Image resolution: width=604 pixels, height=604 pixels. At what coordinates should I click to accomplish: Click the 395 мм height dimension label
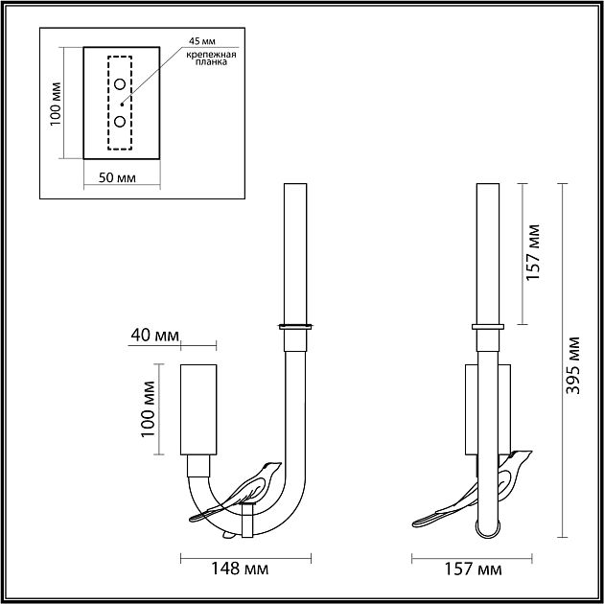(572, 365)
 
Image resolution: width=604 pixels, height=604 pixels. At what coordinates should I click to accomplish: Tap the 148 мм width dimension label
(240, 569)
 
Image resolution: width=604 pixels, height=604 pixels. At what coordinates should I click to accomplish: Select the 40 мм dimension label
(155, 336)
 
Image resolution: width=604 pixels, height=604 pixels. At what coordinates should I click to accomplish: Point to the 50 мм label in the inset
(117, 178)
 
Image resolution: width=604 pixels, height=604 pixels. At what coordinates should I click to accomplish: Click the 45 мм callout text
(202, 41)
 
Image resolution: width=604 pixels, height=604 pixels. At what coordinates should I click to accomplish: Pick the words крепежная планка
(211, 58)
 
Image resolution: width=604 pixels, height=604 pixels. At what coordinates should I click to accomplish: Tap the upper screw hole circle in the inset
(120, 84)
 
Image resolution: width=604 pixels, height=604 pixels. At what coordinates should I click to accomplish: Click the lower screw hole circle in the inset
(120, 122)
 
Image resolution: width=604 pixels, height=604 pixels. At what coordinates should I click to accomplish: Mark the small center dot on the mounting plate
(122, 105)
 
